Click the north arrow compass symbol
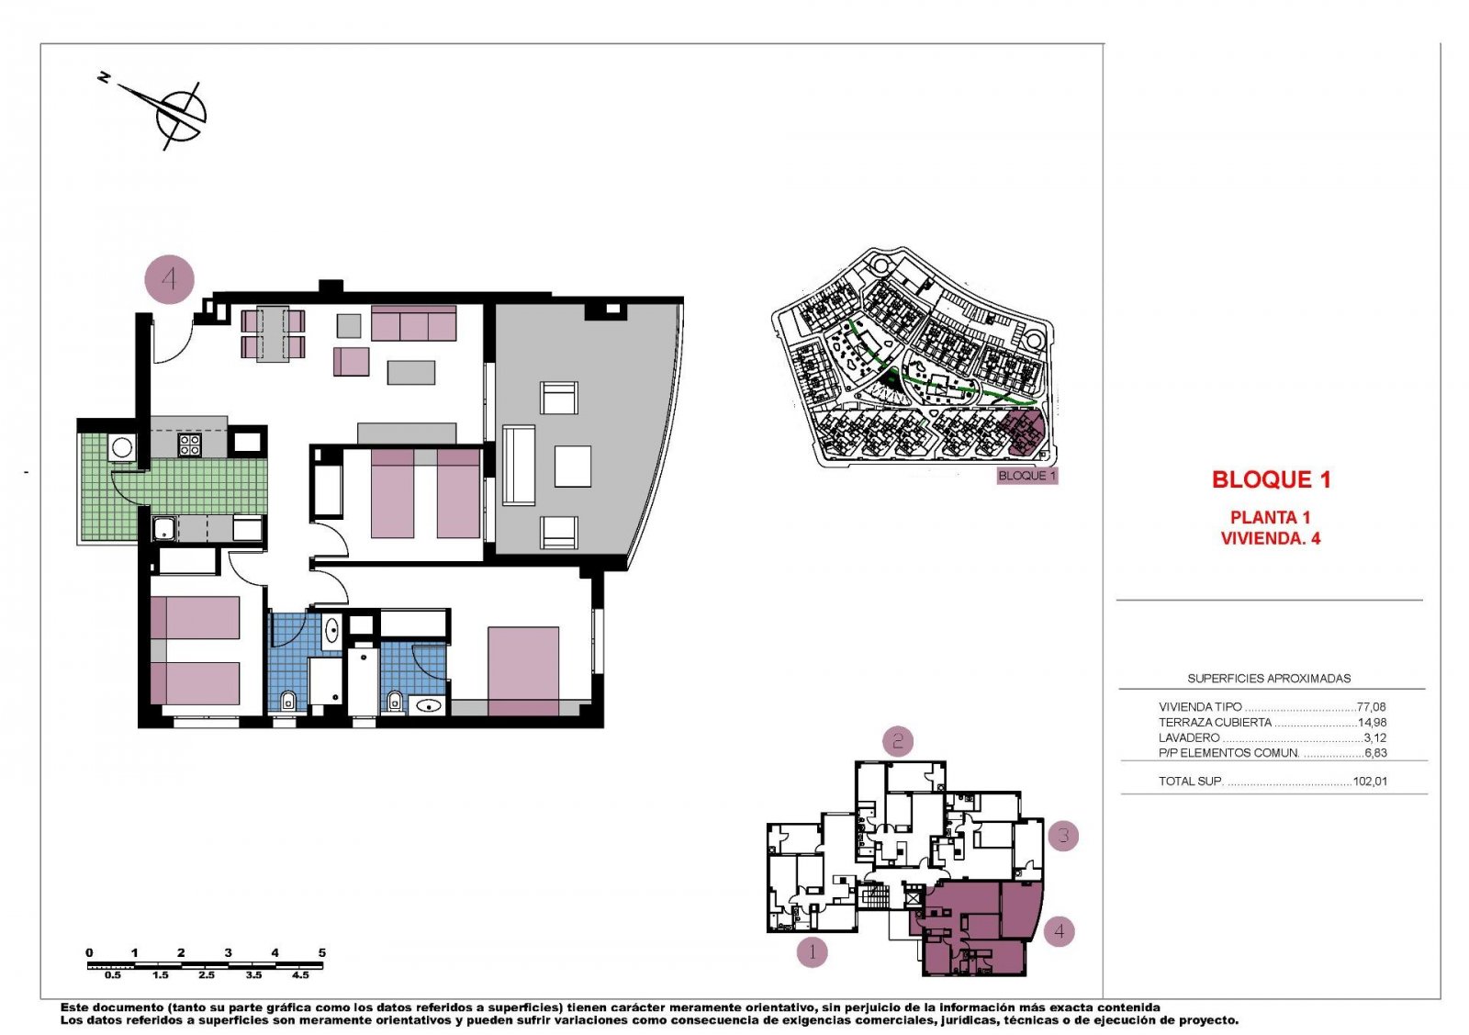(180, 113)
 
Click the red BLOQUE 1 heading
(1271, 479)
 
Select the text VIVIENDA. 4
(1270, 539)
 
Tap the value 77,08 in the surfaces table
(1371, 707)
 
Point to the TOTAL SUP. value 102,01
(1370, 782)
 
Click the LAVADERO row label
(1189, 737)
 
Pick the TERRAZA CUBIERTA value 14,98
(1372, 723)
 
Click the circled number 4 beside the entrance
(170, 278)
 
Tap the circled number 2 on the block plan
(898, 740)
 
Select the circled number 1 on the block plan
(812, 951)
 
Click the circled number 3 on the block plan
(1063, 836)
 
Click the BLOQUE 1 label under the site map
(1027, 476)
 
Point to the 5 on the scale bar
(321, 952)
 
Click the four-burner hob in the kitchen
(189, 445)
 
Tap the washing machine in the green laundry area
(122, 448)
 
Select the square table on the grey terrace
(572, 466)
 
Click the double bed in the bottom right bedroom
(523, 670)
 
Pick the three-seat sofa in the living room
(413, 324)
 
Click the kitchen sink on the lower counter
(165, 528)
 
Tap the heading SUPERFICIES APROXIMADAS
(1269, 679)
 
